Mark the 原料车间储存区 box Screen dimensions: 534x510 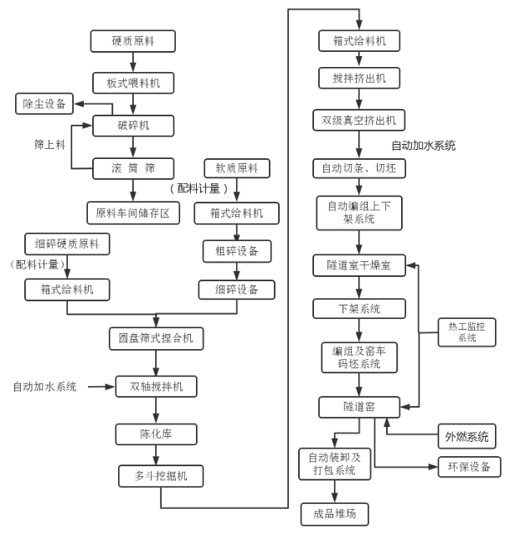click(133, 213)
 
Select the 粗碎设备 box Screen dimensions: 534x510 click(236, 250)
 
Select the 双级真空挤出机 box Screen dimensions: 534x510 click(358, 118)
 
